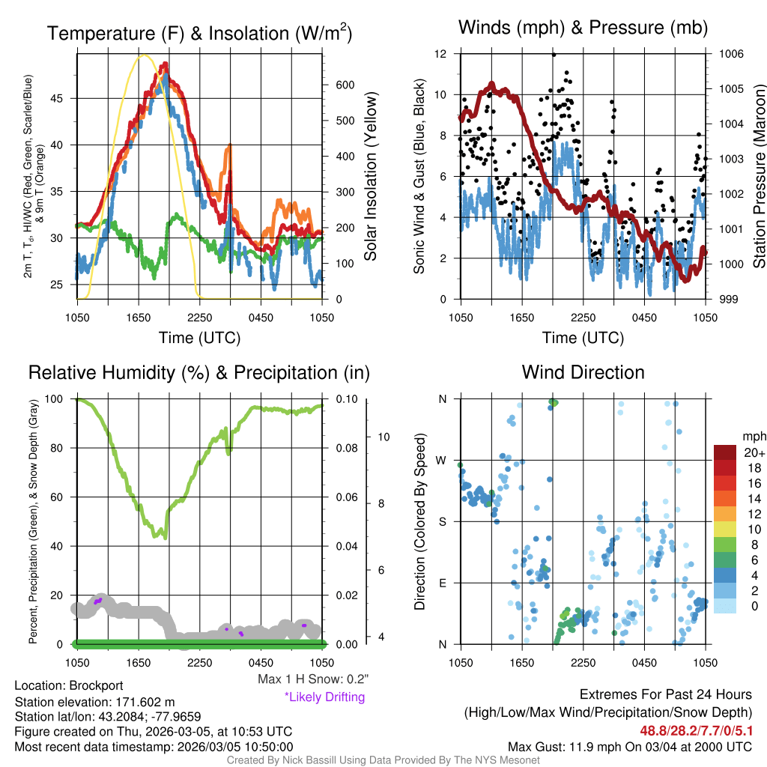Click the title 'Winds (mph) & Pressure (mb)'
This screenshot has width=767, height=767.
[x=583, y=28]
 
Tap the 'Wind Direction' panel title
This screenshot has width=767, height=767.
[x=583, y=372]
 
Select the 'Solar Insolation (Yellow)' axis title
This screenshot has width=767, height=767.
[x=370, y=177]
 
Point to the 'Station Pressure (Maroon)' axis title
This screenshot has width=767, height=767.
[x=758, y=177]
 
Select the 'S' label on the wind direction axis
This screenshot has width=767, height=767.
[x=443, y=521]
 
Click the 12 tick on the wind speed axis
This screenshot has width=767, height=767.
[x=440, y=54]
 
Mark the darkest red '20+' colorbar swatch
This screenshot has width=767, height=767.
[x=726, y=453]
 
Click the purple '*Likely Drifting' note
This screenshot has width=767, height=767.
[x=324, y=697]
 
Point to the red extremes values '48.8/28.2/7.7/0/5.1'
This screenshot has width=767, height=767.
[x=696, y=730]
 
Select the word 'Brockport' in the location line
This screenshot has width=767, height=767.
[x=96, y=685]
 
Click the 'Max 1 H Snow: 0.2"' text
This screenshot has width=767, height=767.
[x=312, y=679]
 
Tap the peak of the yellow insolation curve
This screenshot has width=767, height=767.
[x=145, y=55]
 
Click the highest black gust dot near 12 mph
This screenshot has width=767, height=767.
[x=554, y=55]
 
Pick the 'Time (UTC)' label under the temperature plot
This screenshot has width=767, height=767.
[x=199, y=338]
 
